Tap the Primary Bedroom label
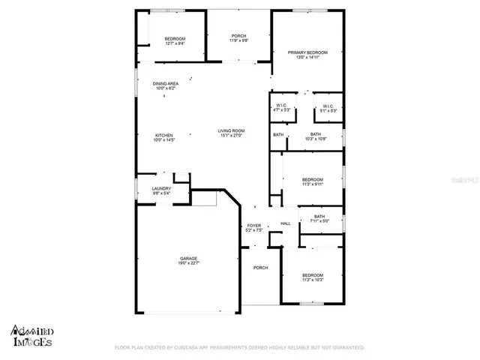click(x=307, y=52)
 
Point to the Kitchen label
click(x=163, y=136)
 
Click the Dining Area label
click(x=165, y=84)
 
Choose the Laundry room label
click(x=161, y=188)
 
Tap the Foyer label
click(x=253, y=225)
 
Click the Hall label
click(x=285, y=223)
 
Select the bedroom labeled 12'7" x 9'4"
click(x=175, y=39)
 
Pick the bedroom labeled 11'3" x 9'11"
click(x=312, y=179)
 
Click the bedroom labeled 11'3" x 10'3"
click(x=312, y=275)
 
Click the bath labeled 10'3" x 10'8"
click(x=316, y=135)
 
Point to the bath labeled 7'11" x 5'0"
click(x=319, y=217)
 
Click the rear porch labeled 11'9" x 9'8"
click(x=238, y=36)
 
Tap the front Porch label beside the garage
click(x=260, y=268)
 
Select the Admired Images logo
click(x=31, y=335)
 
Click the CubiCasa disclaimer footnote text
click(x=239, y=348)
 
